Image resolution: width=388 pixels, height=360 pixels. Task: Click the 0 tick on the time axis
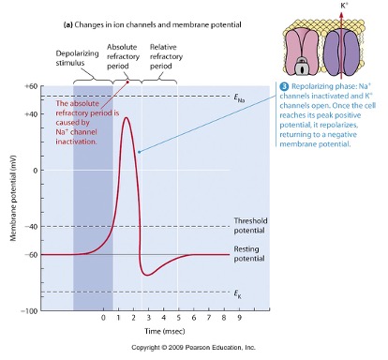pyautogui.click(x=103, y=317)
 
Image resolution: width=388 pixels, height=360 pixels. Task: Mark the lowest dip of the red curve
pyautogui.click(x=146, y=274)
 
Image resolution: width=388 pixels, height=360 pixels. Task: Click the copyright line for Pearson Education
pyautogui.click(x=193, y=349)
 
